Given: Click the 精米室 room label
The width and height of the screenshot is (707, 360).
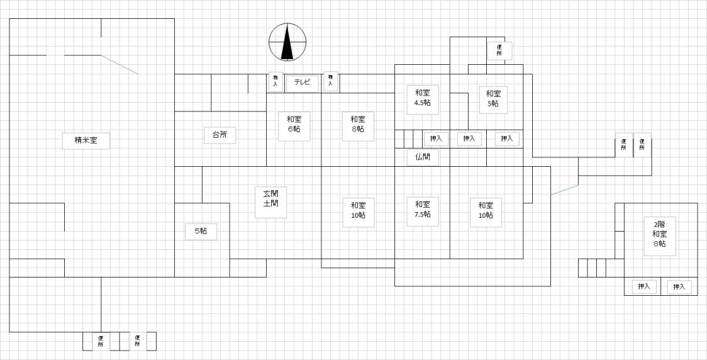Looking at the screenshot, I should pyautogui.click(x=86, y=140).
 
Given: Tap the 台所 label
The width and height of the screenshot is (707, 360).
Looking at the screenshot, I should pyautogui.click(x=220, y=134).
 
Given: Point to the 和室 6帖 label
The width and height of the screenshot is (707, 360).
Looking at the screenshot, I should pyautogui.click(x=294, y=123).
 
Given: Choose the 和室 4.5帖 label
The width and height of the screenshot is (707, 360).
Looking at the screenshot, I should pyautogui.click(x=422, y=98).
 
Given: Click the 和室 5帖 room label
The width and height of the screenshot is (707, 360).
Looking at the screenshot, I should pyautogui.click(x=493, y=99).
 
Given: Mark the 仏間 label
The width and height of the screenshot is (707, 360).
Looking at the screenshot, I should pyautogui.click(x=422, y=157).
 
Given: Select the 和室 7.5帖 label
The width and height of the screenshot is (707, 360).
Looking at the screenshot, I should pyautogui.click(x=422, y=209).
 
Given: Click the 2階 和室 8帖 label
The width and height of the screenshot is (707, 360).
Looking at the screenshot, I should pyautogui.click(x=659, y=233).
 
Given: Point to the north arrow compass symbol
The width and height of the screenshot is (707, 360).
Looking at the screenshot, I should pyautogui.click(x=287, y=42).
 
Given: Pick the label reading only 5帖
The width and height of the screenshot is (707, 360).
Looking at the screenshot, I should pyautogui.click(x=201, y=232).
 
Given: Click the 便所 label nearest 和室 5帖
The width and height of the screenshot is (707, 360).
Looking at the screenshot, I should pyautogui.click(x=499, y=50).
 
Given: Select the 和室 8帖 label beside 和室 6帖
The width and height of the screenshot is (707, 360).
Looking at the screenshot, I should pyautogui.click(x=358, y=124).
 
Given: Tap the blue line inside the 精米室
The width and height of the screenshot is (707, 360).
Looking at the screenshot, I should pyautogui.click(x=120, y=65).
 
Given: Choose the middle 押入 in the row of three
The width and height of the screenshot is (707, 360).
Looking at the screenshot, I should pyautogui.click(x=469, y=138).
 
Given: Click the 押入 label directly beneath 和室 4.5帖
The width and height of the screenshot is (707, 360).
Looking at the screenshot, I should pyautogui.click(x=436, y=138).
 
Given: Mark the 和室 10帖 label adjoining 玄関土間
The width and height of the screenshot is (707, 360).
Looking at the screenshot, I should pyautogui.click(x=358, y=210).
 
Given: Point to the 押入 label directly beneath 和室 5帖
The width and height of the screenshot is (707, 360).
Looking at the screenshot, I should pyautogui.click(x=507, y=138).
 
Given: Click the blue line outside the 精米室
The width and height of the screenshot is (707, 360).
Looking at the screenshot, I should pyautogui.click(x=565, y=189).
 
